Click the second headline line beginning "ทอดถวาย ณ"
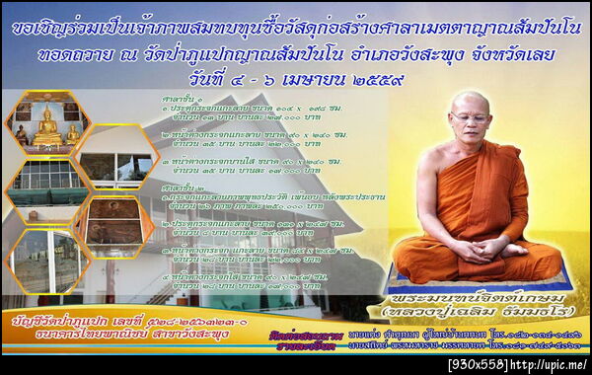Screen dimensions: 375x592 click(x=296, y=54)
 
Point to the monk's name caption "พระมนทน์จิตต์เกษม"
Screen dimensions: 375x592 click(x=478, y=299)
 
